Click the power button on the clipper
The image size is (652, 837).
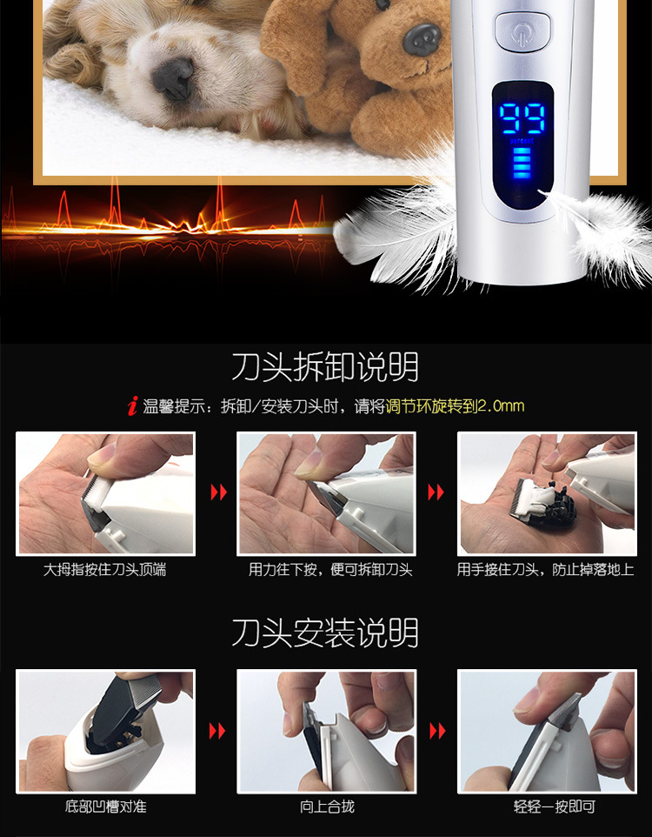click(522, 31)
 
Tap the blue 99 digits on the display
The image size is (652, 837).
click(522, 118)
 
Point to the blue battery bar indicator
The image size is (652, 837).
click(522, 164)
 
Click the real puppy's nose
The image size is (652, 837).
click(172, 78)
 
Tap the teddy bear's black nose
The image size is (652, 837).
click(422, 38)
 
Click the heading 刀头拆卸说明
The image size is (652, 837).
click(325, 366)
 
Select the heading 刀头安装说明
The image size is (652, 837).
click(325, 633)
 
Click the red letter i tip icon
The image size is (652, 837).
click(132, 405)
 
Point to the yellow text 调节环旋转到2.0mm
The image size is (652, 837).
click(455, 406)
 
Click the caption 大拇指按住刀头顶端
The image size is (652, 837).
click(104, 570)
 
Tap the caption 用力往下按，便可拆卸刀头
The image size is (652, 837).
click(330, 570)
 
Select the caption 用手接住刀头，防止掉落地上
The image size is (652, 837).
click(545, 570)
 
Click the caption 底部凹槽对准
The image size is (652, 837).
click(106, 806)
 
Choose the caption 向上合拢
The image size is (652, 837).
click(327, 806)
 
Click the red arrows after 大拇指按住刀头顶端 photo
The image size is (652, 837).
click(219, 492)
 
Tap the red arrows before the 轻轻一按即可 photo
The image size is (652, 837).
click(437, 731)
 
